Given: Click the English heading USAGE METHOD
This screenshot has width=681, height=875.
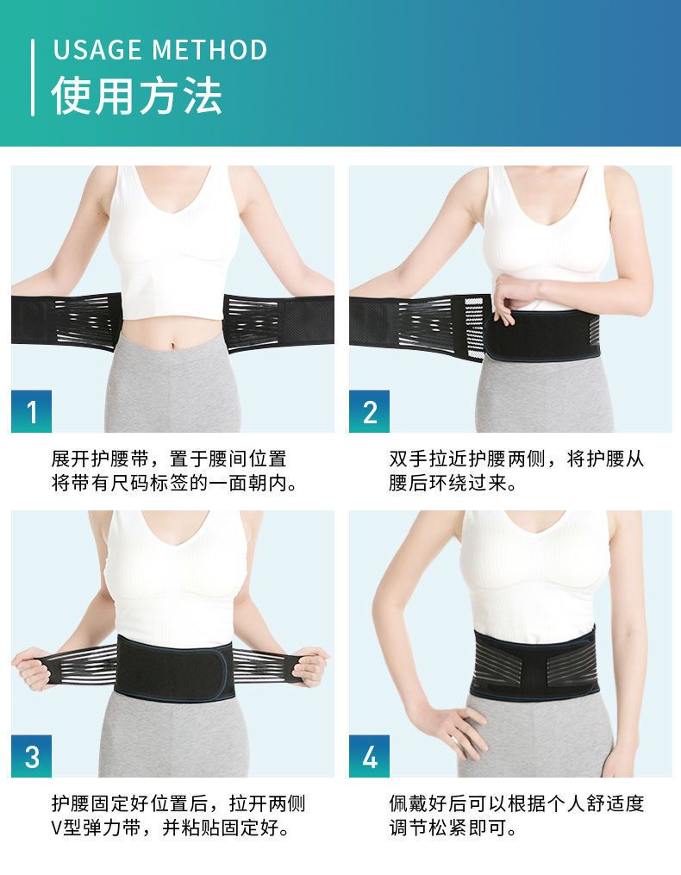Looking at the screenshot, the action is point(160,50).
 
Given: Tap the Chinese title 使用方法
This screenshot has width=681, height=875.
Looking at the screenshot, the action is point(137,96).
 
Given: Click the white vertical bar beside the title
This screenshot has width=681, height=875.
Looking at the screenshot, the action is point(33,78).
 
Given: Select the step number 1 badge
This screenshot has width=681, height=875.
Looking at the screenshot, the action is point(31,411).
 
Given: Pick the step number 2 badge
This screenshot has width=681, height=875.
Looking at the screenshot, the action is point(370,411).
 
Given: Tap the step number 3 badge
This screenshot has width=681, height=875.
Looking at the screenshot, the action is point(31,756).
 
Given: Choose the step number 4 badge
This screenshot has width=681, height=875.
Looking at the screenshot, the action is point(370,756).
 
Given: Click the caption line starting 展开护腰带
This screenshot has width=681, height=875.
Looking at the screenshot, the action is point(169,459).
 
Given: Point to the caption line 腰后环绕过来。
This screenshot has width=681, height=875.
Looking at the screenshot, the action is point(453,483).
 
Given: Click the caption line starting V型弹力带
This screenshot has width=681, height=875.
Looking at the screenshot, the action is point(171,827).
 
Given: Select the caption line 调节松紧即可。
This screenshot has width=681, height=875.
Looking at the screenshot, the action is point(453,827).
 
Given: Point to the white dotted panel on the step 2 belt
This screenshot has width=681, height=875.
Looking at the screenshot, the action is point(473,328).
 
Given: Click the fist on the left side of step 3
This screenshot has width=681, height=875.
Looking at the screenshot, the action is point(33,667).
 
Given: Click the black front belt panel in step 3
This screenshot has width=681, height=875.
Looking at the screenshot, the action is point(174,668).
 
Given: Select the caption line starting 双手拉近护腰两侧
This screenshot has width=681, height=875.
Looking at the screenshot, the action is point(516,459).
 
